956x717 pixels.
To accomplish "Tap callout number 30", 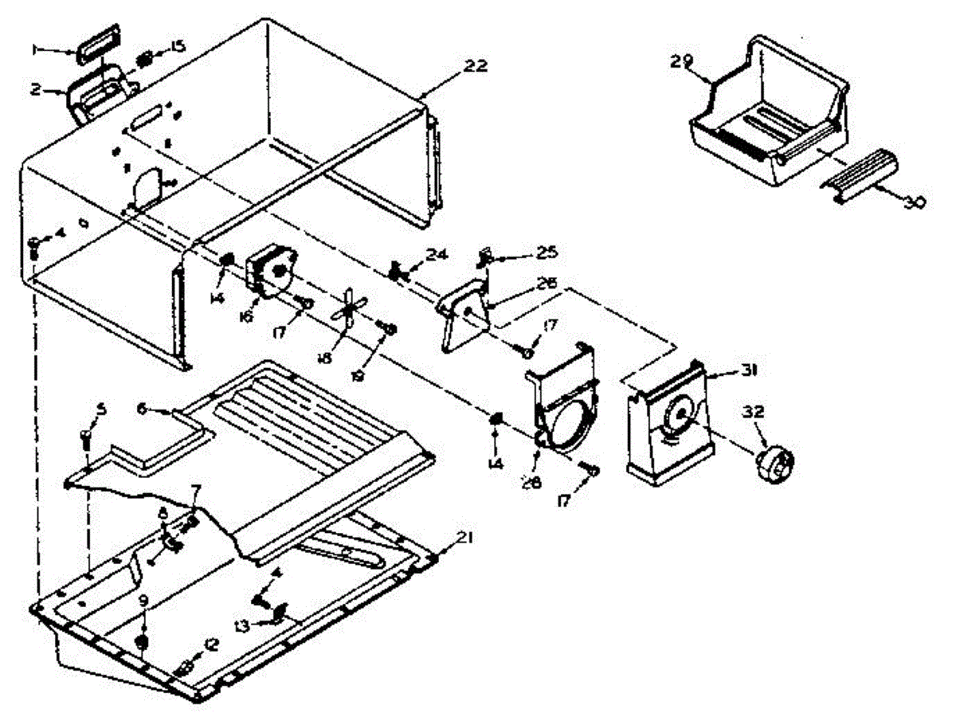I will [913, 202].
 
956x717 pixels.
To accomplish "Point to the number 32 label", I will [754, 412].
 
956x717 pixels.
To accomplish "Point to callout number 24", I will [435, 255].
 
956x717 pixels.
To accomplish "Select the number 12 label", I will [210, 646].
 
